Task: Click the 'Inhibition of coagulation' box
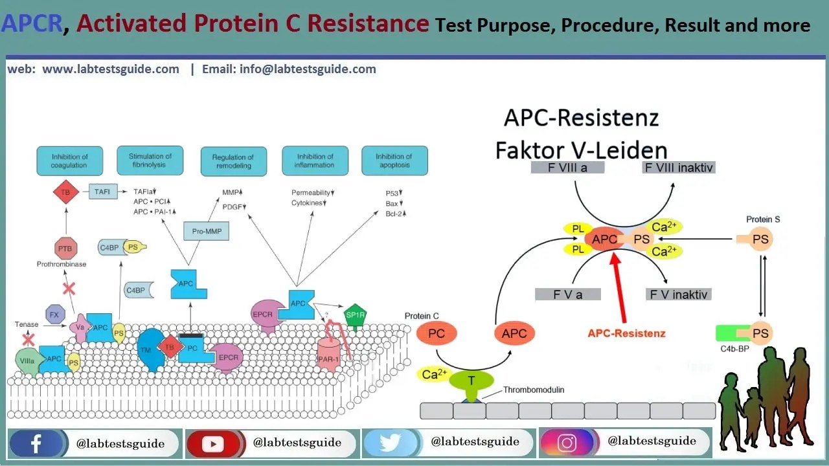[x=69, y=161]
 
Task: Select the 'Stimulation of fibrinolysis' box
[x=150, y=161]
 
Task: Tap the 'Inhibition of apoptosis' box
[x=394, y=161]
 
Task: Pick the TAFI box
[x=102, y=192]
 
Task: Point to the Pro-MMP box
[x=207, y=231]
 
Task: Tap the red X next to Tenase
[x=28, y=339]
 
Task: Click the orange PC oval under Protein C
[x=437, y=334]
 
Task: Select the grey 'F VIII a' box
[x=567, y=167]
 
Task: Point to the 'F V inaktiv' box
[x=679, y=294]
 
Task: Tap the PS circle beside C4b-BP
[x=760, y=333]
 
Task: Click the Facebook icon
[x=36, y=443]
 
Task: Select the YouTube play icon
[x=212, y=444]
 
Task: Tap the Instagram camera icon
[x=567, y=443]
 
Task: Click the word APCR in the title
[x=32, y=24]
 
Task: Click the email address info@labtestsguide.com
[x=289, y=69]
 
